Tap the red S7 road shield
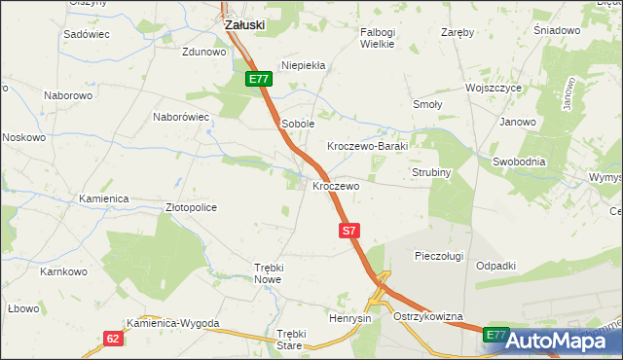(350, 231)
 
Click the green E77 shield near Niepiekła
(257, 80)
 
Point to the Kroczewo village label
(336, 185)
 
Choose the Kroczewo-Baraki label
(371, 145)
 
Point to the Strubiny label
(428, 173)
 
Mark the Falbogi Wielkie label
(377, 38)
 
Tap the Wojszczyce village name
(494, 88)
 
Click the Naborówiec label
(182, 117)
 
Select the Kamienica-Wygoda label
(173, 323)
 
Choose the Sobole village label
(297, 124)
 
